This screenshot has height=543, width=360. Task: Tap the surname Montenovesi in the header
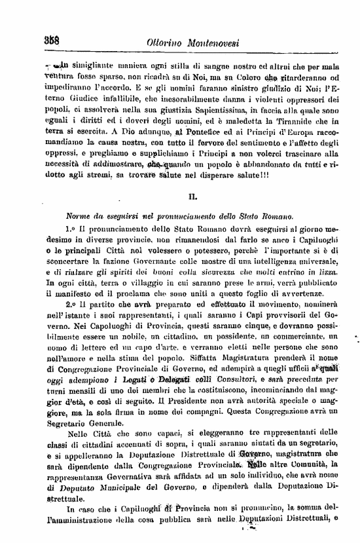(x=225, y=43)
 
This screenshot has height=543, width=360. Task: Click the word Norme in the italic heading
(x=80, y=216)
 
